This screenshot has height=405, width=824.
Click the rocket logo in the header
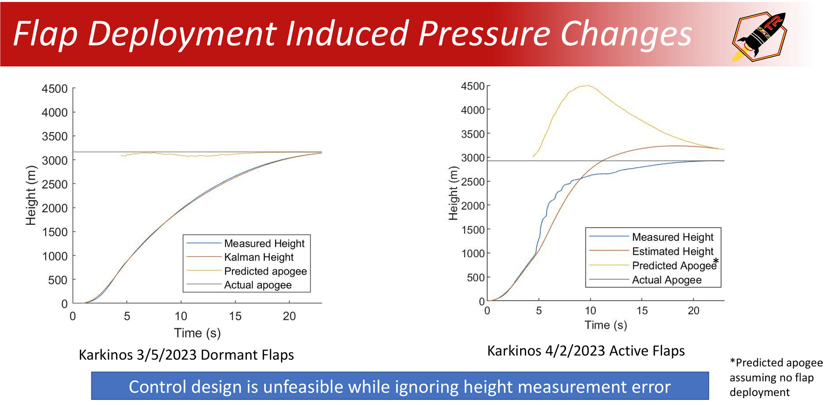(x=759, y=37)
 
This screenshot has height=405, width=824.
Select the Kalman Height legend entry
(x=259, y=257)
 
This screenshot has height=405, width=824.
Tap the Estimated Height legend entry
(x=673, y=251)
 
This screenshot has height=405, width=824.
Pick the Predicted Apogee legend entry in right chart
(x=674, y=266)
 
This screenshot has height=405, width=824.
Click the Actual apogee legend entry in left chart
(x=257, y=285)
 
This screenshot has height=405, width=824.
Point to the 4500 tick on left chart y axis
(x=55, y=89)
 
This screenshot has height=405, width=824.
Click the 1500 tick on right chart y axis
(x=473, y=230)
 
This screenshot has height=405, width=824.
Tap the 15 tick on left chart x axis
(x=235, y=317)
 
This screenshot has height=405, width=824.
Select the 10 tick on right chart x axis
(x=590, y=311)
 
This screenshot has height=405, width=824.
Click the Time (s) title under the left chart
(x=197, y=333)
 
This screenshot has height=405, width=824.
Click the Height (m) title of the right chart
(x=454, y=193)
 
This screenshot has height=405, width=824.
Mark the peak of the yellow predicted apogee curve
(x=588, y=85)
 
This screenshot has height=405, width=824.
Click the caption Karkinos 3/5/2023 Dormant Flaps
(x=186, y=355)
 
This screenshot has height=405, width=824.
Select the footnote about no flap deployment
(x=775, y=378)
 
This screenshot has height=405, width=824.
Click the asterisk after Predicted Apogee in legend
(x=716, y=261)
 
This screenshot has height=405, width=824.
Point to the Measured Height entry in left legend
(x=264, y=244)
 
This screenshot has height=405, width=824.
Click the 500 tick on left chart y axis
(x=58, y=280)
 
